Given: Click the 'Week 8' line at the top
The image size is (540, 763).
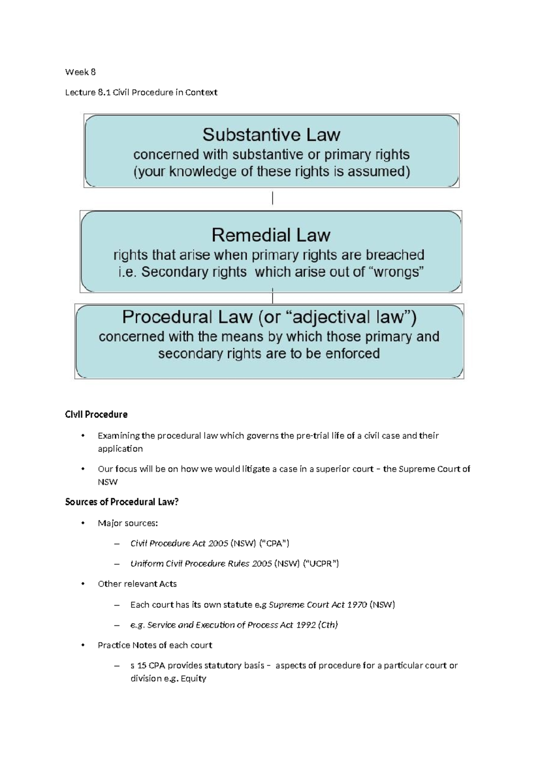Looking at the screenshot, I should coord(80,72).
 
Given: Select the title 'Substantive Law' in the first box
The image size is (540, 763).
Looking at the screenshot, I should coord(271,135).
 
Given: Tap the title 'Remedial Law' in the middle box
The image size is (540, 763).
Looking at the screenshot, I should coord(271,235).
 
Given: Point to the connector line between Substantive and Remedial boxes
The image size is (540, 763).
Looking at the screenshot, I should coord(273,198).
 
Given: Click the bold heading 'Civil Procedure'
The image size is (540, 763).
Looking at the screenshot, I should coord(96,414).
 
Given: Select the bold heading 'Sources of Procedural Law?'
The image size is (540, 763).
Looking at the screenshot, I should coord(121,502).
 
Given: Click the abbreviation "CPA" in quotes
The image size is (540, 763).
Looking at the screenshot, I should coord(274,543).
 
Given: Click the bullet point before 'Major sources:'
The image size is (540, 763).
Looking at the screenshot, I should coord(82,523).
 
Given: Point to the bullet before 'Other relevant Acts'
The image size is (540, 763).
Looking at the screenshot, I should coord(82,584).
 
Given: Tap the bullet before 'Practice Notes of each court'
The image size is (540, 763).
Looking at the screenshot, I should coord(82,645).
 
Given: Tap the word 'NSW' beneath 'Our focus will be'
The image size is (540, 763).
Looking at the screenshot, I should coord(108,482).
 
